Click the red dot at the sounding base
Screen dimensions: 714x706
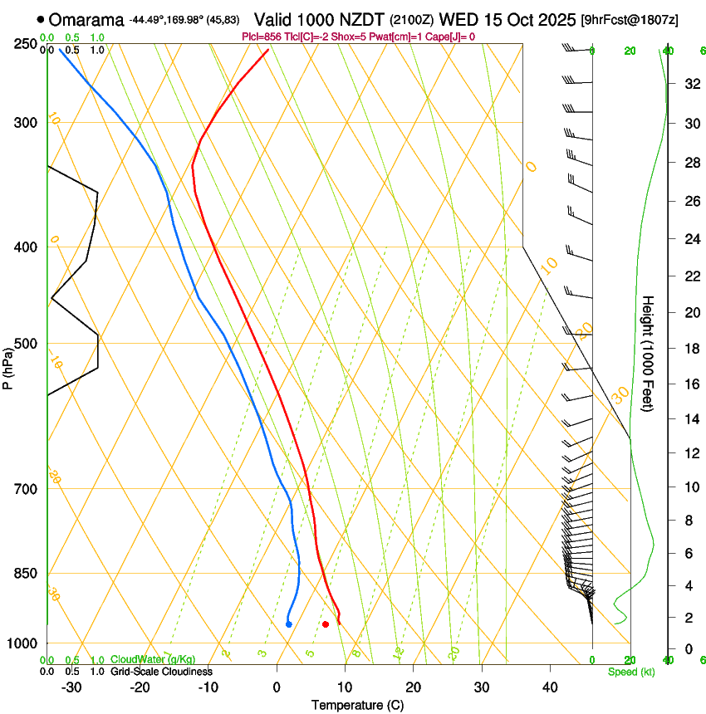[x=326, y=624]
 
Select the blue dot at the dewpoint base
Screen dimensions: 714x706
[x=288, y=624]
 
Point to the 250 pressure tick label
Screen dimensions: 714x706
[x=26, y=44]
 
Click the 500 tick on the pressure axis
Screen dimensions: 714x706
[x=26, y=344]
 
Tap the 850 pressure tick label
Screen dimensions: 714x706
[x=26, y=574]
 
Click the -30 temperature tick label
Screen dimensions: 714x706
[x=71, y=687]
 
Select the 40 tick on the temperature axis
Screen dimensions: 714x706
[x=549, y=687]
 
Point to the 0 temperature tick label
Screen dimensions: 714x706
[x=277, y=687]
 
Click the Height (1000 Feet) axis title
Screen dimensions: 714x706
[x=648, y=353]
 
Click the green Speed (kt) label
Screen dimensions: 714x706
[x=630, y=671]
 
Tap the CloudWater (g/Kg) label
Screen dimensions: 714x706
[x=154, y=660]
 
